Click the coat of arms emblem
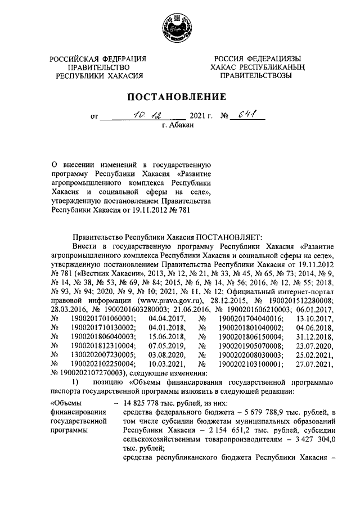(179, 26)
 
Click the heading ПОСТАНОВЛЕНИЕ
(179, 97)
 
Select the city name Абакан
(180, 127)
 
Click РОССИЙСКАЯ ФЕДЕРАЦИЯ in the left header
(97, 58)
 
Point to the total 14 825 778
(144, 403)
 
